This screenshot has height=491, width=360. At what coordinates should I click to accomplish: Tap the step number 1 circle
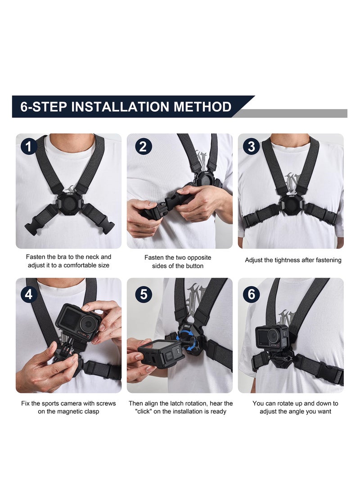click(x=29, y=147)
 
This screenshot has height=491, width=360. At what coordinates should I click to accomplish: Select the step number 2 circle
click(x=143, y=147)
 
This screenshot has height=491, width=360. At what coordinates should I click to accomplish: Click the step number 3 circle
click(x=252, y=147)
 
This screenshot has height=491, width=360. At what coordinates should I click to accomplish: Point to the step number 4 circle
click(x=29, y=295)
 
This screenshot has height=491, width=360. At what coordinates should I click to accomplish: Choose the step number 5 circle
click(x=143, y=295)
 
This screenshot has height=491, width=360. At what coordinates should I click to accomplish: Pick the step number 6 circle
click(x=252, y=295)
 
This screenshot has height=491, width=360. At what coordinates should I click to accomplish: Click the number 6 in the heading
click(x=25, y=107)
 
